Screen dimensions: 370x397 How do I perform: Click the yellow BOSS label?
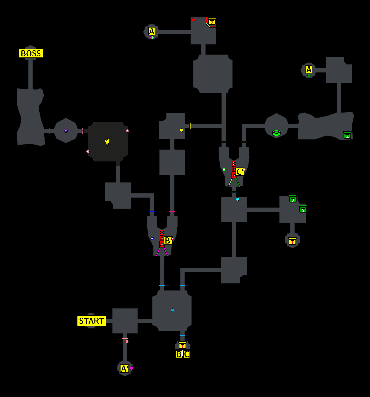(31, 53)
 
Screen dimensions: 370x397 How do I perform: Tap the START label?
(91, 321)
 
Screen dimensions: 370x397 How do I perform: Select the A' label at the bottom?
(124, 369)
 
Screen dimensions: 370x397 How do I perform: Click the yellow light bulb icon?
(107, 142)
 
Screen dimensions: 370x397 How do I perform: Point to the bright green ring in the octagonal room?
(276, 133)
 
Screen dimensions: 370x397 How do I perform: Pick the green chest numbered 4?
(347, 135)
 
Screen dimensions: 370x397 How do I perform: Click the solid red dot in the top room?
(193, 20)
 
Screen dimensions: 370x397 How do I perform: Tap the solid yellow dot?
(182, 130)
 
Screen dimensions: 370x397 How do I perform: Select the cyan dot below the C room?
(238, 199)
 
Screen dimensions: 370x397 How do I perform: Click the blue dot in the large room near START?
(172, 310)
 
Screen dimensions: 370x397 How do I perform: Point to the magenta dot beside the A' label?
(131, 368)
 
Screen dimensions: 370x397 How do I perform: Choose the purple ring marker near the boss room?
(66, 131)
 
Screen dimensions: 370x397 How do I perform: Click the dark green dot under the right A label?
(309, 75)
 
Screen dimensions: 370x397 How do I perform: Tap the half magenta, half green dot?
(152, 37)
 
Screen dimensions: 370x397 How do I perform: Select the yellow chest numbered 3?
(212, 21)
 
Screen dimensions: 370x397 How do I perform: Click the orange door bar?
(244, 142)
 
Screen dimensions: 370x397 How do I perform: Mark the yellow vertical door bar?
(190, 126)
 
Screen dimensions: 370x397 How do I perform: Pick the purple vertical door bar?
(49, 131)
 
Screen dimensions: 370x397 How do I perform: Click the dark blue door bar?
(152, 211)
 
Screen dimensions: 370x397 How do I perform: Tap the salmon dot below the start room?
(127, 342)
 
